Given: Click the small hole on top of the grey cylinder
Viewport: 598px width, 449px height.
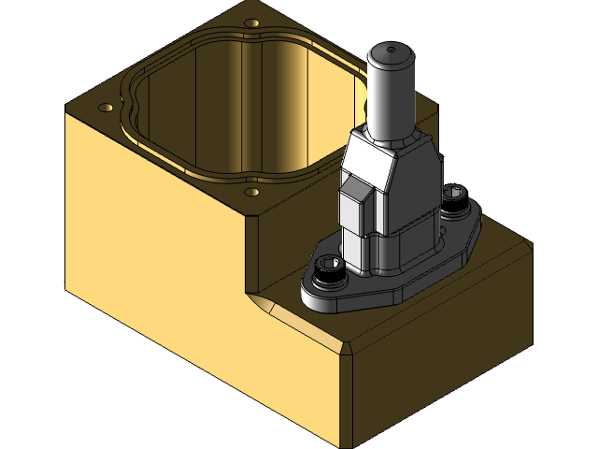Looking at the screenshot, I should [x=392, y=47].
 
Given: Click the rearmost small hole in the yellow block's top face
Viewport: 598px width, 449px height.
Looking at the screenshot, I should [x=250, y=22].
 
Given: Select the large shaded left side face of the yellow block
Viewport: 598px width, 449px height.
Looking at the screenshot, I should [x=187, y=299].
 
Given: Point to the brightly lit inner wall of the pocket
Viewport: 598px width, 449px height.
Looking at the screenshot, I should [x=271, y=103].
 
